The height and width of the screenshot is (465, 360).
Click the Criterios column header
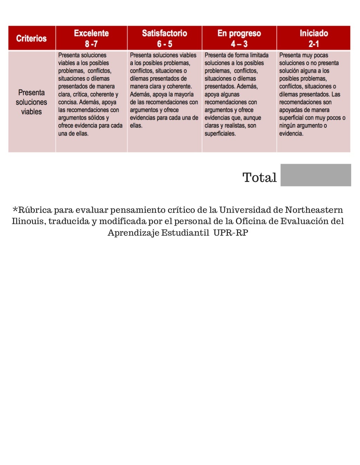click(x=31, y=38)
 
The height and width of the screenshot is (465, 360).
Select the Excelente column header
click(x=91, y=33)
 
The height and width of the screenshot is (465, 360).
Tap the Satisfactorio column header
click(x=164, y=33)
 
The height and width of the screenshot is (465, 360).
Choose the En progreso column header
click(x=239, y=33)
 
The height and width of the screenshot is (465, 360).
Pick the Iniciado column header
click(x=314, y=33)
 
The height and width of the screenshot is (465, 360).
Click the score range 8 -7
click(x=91, y=44)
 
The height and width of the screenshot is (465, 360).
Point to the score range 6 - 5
click(x=164, y=44)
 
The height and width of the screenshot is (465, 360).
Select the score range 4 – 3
click(x=239, y=44)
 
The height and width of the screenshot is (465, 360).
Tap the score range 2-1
click(x=314, y=44)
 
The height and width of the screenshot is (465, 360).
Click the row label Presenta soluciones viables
click(x=31, y=102)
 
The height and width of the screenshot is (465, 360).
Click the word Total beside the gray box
click(x=259, y=178)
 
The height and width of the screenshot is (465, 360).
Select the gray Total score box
click(x=315, y=175)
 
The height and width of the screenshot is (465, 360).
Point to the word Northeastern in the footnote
click(x=314, y=210)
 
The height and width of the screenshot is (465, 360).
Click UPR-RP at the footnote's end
click(x=231, y=233)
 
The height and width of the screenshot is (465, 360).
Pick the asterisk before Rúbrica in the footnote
click(x=15, y=210)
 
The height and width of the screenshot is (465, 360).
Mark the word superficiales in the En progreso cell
click(x=220, y=134)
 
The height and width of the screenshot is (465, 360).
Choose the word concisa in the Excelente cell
click(x=67, y=102)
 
